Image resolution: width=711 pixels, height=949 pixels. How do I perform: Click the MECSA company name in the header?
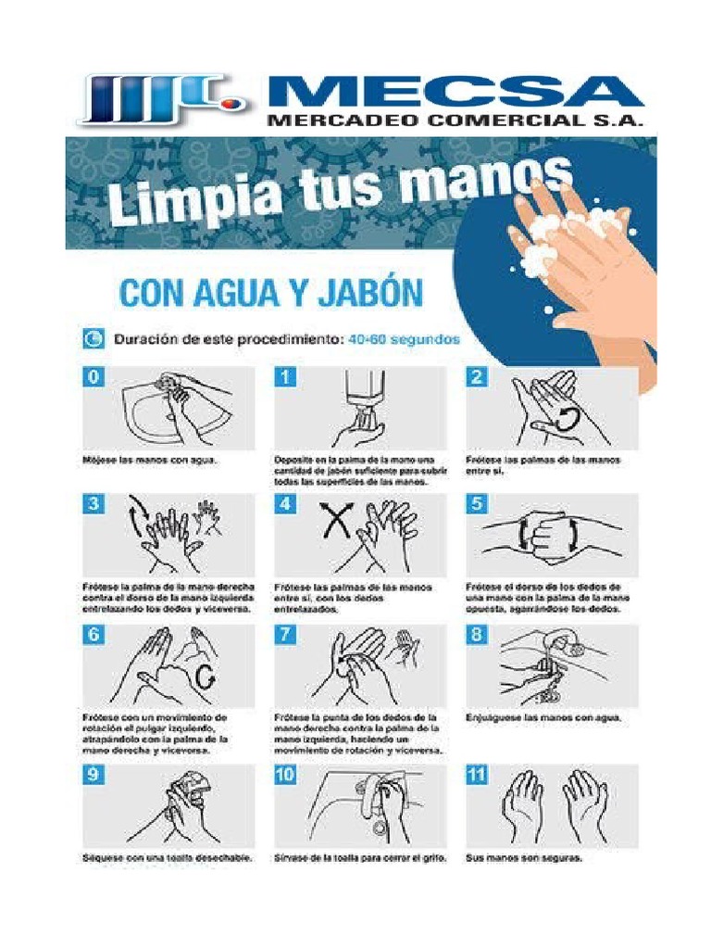tap(454, 93)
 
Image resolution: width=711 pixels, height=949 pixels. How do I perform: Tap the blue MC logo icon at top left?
tap(163, 99)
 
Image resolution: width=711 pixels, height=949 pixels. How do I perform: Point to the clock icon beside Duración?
tap(94, 339)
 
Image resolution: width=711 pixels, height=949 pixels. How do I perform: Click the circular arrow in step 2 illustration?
tap(567, 418)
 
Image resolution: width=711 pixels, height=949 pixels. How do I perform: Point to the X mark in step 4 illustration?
tap(335, 523)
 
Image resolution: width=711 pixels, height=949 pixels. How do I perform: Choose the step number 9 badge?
tap(94, 777)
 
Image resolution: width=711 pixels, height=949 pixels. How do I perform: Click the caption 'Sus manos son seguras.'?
tap(524, 858)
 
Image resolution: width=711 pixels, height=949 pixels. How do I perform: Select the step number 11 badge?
tap(477, 777)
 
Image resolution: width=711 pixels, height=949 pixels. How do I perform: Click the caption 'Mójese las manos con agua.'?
tap(149, 460)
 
